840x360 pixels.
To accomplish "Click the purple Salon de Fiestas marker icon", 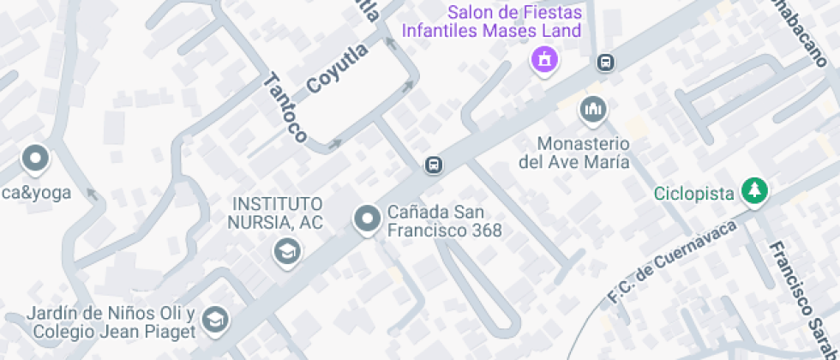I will tap(543, 60).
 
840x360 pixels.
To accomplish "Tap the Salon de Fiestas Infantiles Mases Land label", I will tap(516, 22).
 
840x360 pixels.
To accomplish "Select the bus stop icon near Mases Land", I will tap(605, 63).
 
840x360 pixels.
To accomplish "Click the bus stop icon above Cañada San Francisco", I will tap(434, 165).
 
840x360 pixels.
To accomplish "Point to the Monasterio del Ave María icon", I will tap(591, 110).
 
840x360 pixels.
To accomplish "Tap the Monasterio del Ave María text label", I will tap(574, 153).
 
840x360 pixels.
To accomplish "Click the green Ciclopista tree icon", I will tap(754, 191).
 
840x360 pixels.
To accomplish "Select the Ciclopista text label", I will tap(693, 194).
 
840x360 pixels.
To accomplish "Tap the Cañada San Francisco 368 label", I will tap(444, 220).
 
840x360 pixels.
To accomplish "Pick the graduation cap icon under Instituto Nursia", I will tap(286, 251).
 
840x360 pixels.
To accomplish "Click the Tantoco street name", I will tap(285, 108).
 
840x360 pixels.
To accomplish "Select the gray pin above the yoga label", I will tap(35, 159).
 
